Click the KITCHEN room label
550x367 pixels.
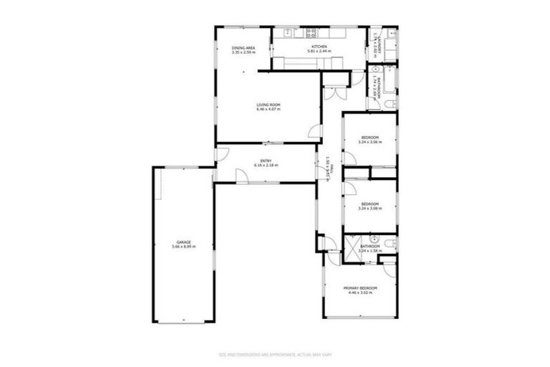[x=319, y=47]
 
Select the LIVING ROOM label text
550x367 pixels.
[x=269, y=105]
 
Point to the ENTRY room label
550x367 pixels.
[x=265, y=161]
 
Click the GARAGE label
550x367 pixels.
[x=184, y=242]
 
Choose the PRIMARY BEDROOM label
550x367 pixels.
[x=362, y=287]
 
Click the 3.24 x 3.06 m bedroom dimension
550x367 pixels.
[x=370, y=142]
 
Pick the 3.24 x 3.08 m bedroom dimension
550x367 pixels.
[x=370, y=209]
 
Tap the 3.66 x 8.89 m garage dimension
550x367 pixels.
[x=184, y=247]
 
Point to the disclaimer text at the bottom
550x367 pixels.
[x=274, y=354]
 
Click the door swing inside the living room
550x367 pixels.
[x=314, y=131]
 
